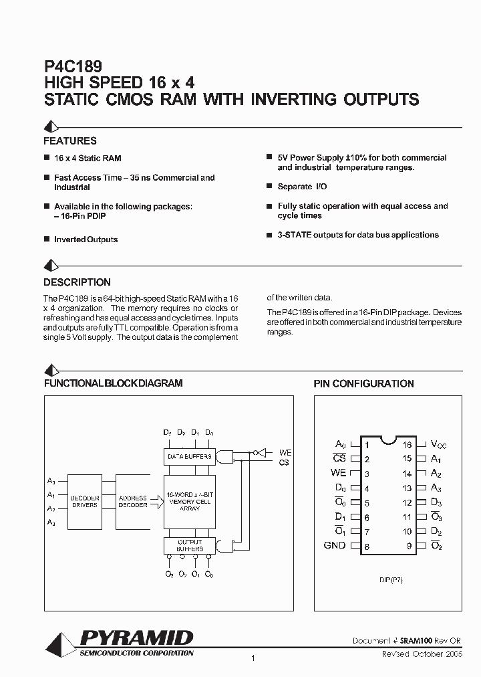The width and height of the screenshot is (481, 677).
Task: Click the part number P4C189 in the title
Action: click(x=73, y=67)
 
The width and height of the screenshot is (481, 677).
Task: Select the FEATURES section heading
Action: click(x=70, y=141)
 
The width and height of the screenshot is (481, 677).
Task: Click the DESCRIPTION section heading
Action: click(x=77, y=282)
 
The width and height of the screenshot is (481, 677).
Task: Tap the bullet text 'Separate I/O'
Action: click(x=302, y=187)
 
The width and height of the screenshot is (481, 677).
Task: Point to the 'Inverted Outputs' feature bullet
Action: click(x=86, y=239)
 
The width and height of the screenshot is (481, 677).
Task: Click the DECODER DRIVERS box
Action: click(x=85, y=502)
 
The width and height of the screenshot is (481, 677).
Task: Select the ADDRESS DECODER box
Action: click(x=133, y=502)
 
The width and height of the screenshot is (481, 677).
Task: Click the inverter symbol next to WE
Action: click(x=262, y=452)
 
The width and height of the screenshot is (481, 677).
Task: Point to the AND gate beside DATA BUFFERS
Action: click(x=226, y=457)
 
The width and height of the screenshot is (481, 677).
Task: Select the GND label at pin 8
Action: click(x=334, y=545)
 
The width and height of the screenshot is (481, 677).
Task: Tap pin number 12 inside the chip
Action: click(x=407, y=502)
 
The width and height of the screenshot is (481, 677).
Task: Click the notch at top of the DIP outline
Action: click(x=387, y=440)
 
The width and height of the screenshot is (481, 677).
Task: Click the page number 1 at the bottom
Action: click(x=253, y=660)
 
